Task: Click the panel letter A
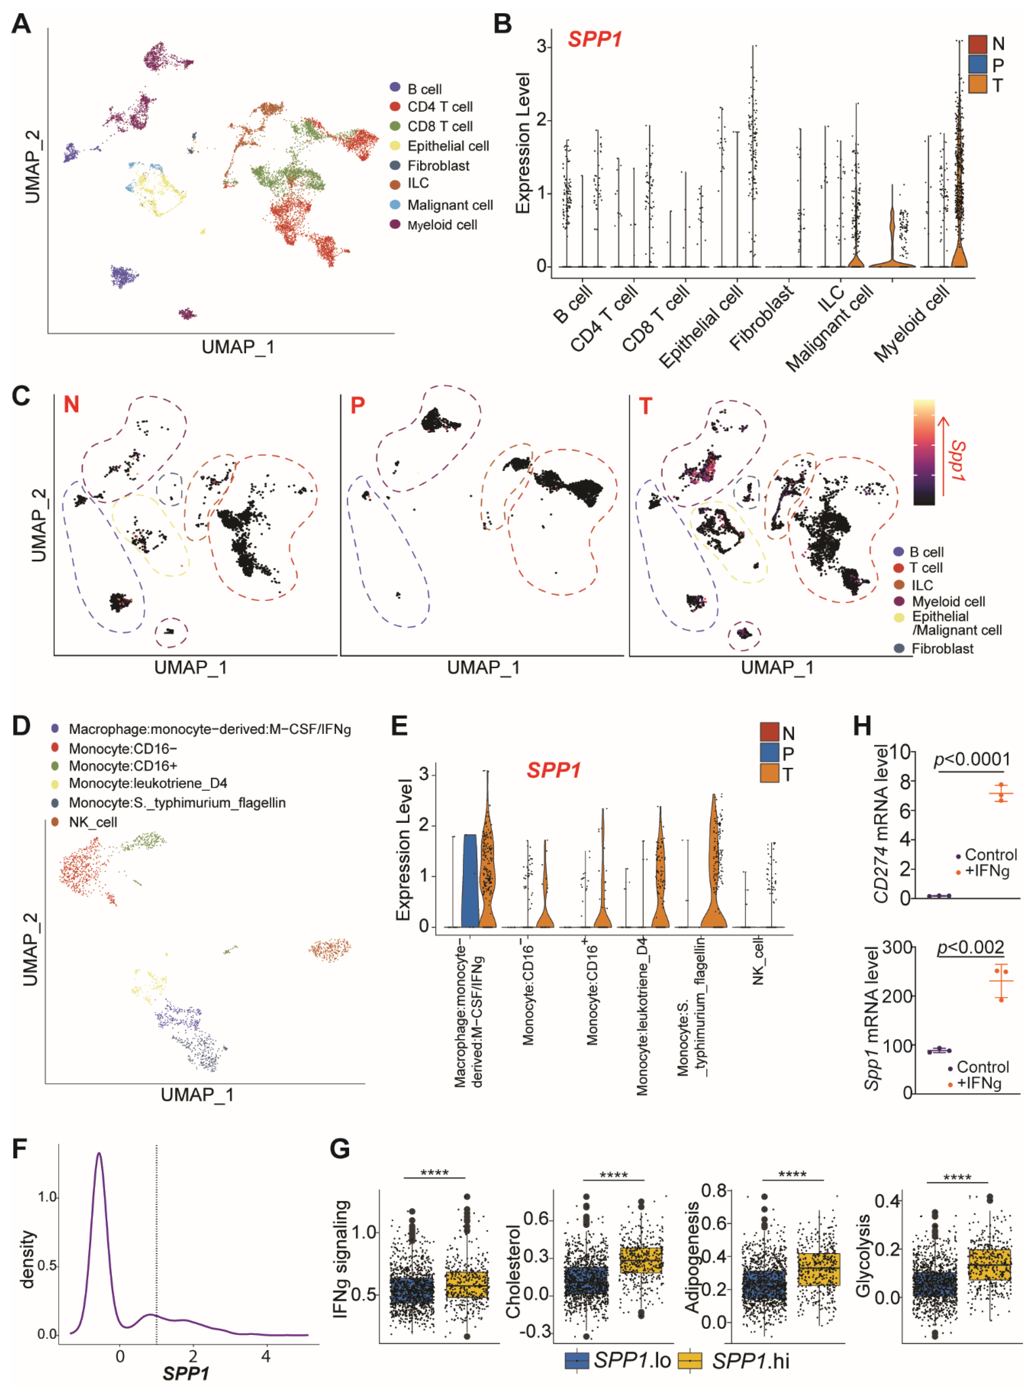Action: click(21, 24)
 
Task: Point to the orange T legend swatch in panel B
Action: click(977, 84)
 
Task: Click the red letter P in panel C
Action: click(358, 406)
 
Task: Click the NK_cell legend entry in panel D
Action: click(93, 822)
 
